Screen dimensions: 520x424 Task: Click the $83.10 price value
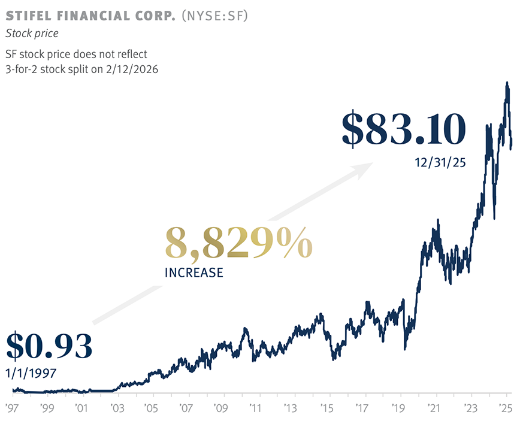click(x=404, y=129)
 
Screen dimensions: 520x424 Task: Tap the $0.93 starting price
click(x=49, y=346)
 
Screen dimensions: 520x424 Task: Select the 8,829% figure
click(x=239, y=243)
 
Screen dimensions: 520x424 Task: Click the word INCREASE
click(x=194, y=272)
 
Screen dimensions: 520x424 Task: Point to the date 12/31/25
click(x=440, y=162)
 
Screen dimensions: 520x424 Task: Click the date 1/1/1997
click(x=31, y=373)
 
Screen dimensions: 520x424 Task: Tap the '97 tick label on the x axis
click(x=12, y=408)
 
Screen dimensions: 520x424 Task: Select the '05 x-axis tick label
click(x=151, y=408)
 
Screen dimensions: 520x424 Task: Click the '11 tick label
click(x=256, y=408)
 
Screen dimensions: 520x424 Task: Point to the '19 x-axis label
click(x=398, y=408)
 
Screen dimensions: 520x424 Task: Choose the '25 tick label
click(x=506, y=408)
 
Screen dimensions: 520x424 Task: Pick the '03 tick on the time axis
click(x=117, y=408)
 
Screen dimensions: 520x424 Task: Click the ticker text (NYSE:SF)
click(x=214, y=16)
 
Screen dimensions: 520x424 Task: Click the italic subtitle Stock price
click(x=32, y=33)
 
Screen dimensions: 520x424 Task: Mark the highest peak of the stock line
click(x=507, y=82)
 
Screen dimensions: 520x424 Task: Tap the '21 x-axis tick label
click(x=434, y=408)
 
